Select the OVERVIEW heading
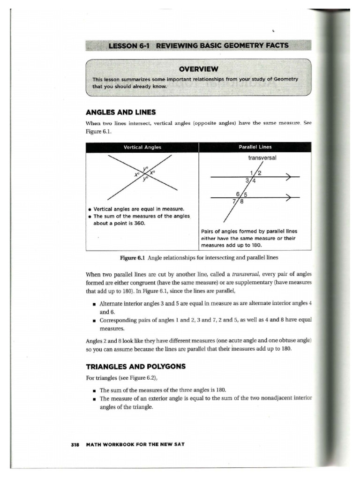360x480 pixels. coord(199,69)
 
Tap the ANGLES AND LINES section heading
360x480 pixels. coord(121,112)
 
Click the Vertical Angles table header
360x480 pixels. coord(142,147)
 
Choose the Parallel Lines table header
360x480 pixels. coord(255,147)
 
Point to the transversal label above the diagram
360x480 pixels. coord(262,158)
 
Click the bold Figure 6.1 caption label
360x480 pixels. coord(133,258)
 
